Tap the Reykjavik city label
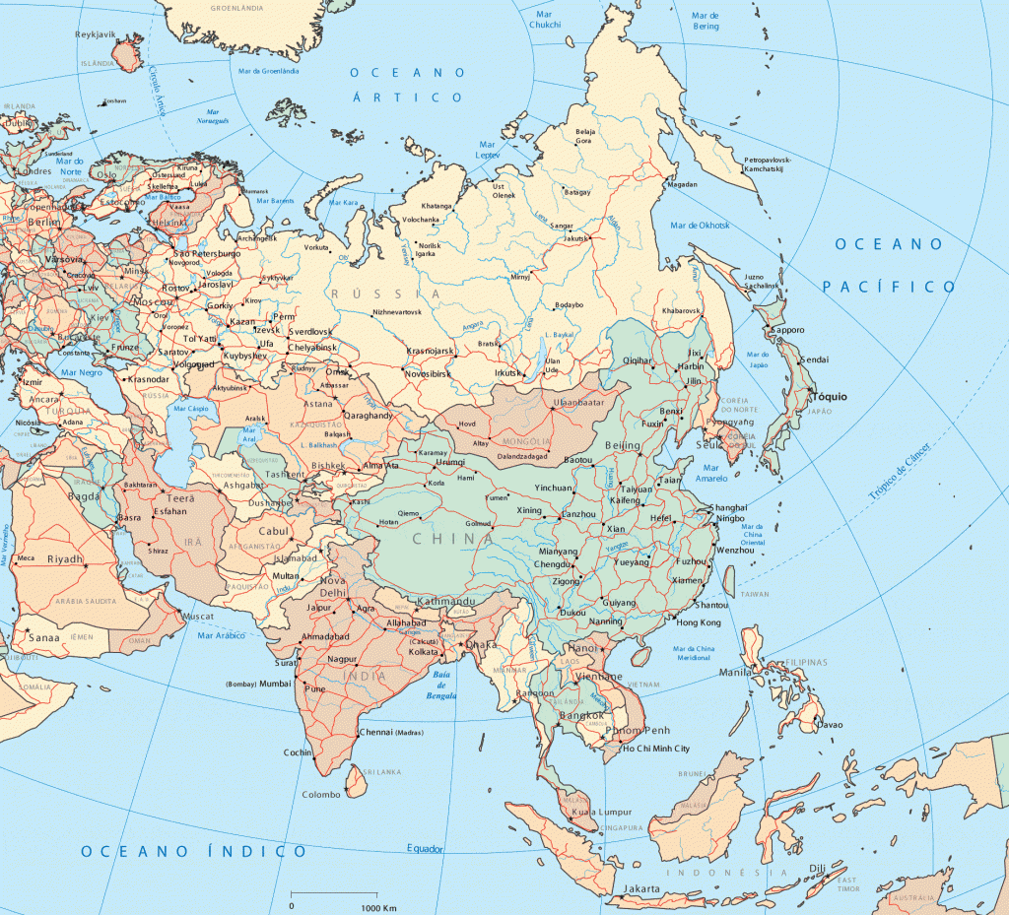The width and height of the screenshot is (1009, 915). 96,34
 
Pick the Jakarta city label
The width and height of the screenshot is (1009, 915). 640,888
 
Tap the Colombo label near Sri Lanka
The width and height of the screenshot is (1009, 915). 320,794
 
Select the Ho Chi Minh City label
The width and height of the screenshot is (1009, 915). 670,749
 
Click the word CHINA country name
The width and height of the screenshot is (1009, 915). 452,539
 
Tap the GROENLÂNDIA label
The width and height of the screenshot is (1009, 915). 237,7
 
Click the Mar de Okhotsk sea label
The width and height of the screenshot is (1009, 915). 701,226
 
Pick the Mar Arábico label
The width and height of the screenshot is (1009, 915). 220,635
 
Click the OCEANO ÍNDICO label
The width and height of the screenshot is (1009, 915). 194,851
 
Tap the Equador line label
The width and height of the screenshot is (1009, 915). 425,848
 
